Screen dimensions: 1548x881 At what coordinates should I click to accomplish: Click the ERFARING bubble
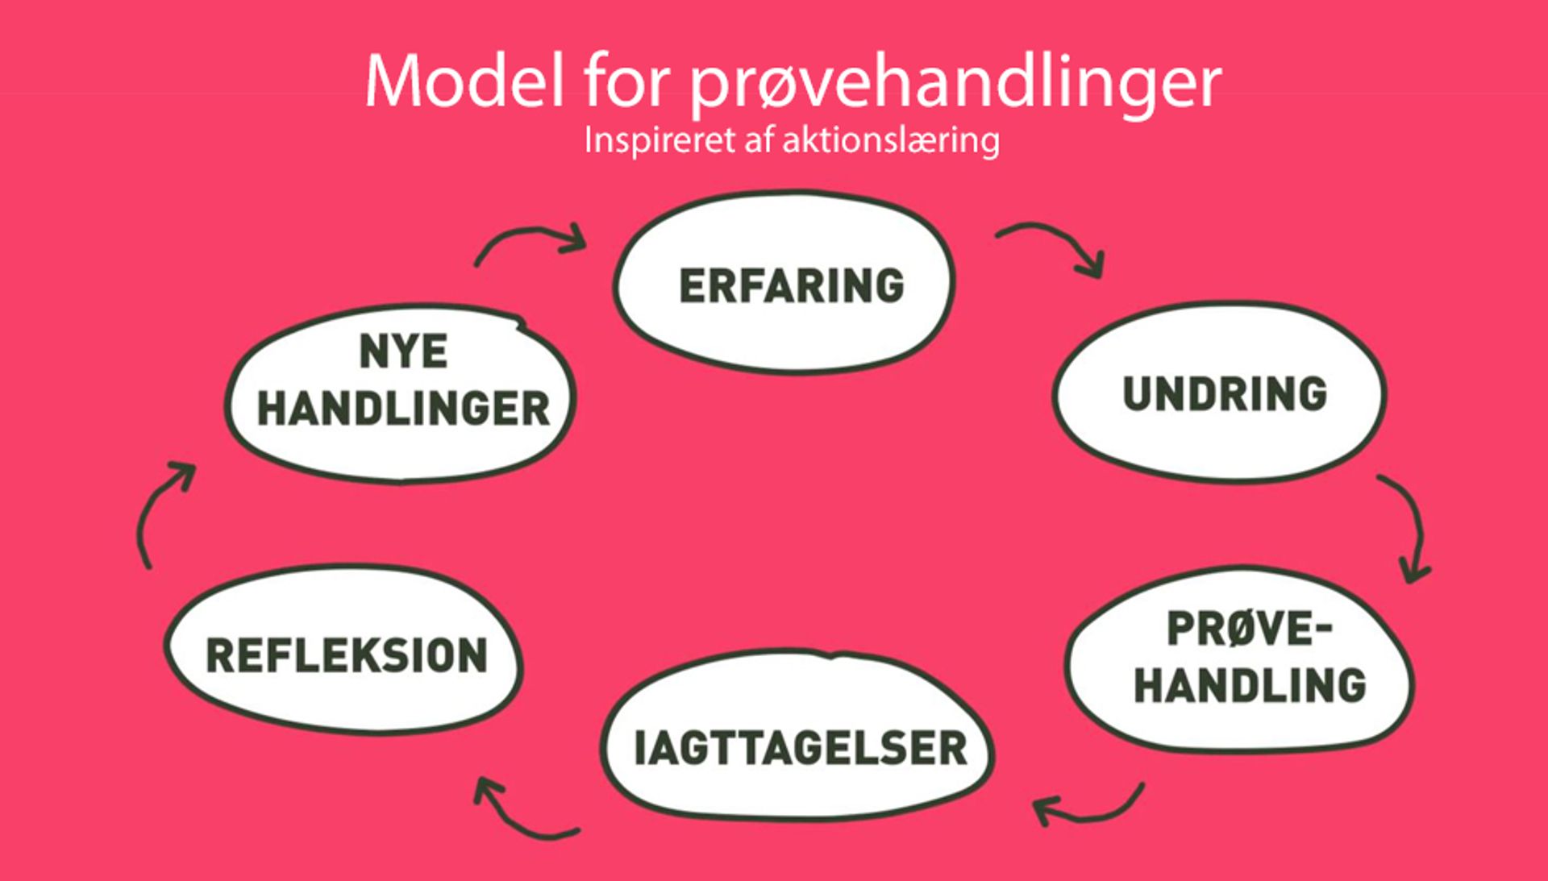click(784, 282)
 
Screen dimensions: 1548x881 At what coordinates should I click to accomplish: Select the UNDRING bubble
click(1219, 393)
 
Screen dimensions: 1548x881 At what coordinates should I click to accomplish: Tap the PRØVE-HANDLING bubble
click(1240, 659)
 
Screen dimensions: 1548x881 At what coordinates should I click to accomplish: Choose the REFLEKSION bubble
click(344, 650)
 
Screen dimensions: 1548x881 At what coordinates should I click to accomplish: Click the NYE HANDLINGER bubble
click(401, 393)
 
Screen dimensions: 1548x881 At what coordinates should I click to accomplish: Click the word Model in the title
click(464, 81)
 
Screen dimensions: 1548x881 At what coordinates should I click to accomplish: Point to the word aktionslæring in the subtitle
click(891, 141)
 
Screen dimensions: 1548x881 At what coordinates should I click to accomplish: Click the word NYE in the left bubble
click(403, 351)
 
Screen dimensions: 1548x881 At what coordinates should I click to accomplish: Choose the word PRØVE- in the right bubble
click(1249, 630)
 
